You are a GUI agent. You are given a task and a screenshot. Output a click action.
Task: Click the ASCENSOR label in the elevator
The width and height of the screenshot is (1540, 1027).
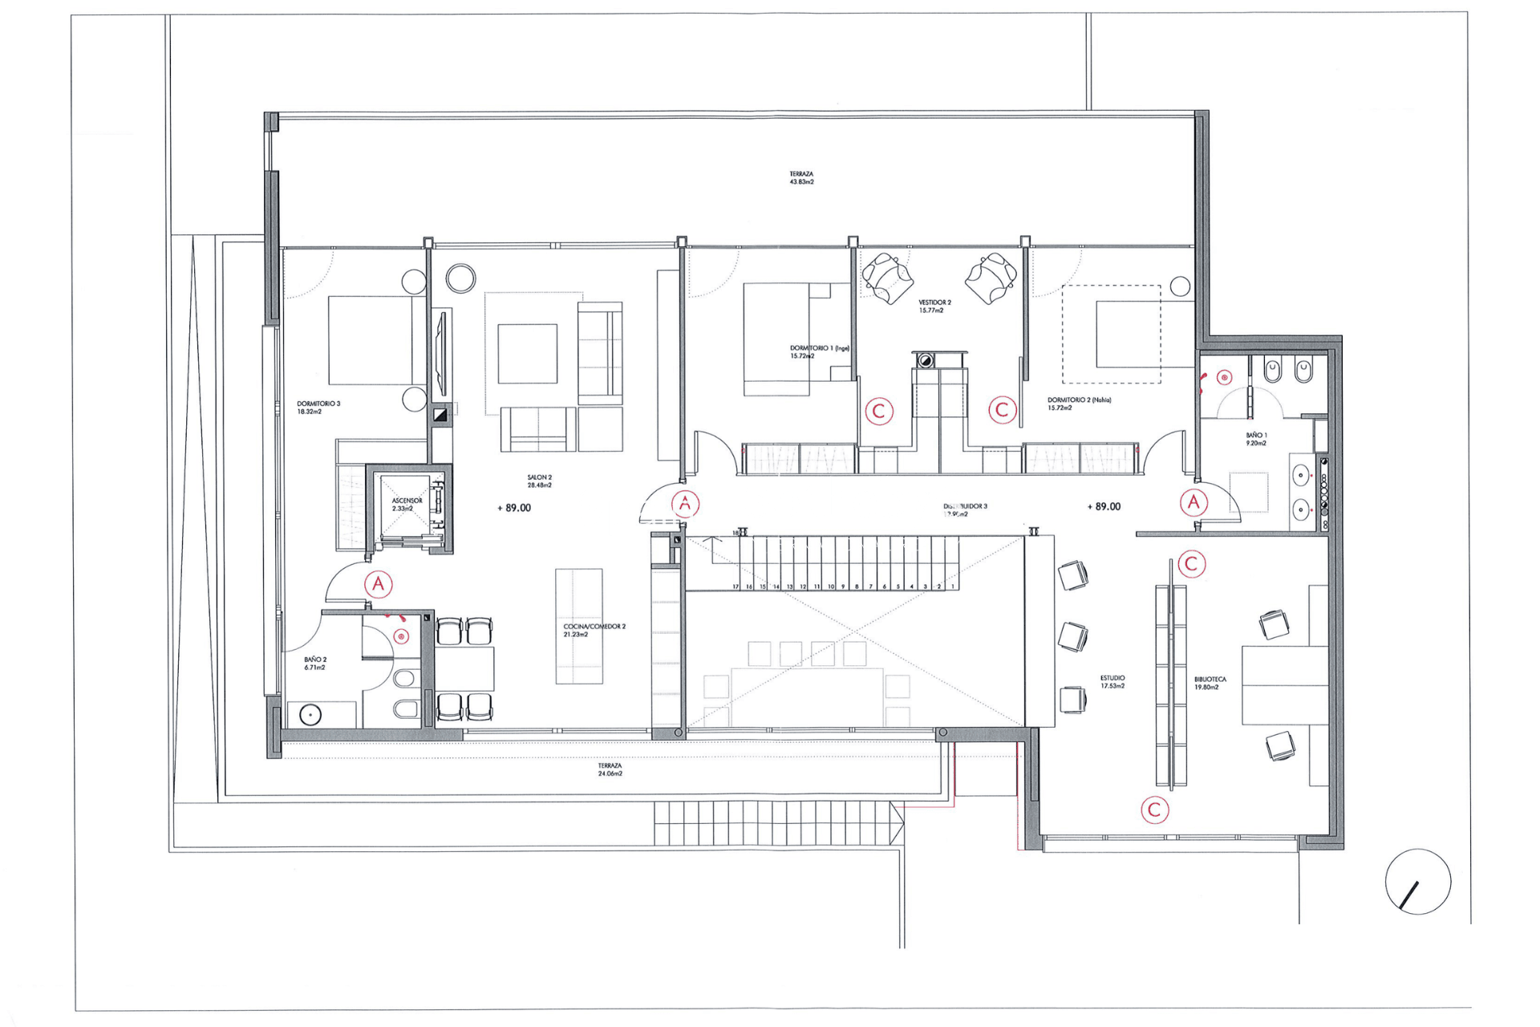[407, 504]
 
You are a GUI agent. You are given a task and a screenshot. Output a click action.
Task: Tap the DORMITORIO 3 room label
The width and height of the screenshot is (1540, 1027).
[318, 408]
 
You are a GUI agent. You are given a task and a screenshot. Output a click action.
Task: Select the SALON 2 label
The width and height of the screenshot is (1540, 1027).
[539, 481]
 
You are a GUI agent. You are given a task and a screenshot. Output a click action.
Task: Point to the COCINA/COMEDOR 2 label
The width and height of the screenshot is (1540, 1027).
[594, 630]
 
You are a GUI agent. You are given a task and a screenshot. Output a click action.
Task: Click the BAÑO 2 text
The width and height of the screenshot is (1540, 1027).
[315, 663]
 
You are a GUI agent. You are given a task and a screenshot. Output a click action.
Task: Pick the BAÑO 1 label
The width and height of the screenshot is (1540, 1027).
[1256, 439]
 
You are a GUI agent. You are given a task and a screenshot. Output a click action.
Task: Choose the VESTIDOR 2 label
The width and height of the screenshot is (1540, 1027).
[934, 306]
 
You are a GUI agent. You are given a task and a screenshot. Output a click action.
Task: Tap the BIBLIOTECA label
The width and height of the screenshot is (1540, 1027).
[1210, 683]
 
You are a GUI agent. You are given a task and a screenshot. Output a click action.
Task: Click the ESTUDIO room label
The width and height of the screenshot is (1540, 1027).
[1112, 681]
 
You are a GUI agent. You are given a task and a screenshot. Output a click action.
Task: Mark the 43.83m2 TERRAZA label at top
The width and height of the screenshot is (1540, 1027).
[801, 177]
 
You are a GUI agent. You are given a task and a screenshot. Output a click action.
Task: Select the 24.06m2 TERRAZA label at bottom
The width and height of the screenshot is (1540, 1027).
[610, 769]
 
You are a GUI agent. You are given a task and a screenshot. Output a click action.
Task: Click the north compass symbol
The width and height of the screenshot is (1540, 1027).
[1417, 882]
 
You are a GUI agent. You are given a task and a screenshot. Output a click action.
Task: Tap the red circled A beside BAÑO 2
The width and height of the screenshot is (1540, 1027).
[379, 584]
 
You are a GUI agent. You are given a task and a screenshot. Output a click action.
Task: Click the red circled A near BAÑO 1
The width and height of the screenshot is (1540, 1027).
[1193, 502]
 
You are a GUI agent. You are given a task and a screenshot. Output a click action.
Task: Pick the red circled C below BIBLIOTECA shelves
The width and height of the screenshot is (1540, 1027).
[1155, 810]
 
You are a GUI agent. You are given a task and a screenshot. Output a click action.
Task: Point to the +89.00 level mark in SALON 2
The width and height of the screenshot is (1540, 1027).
[514, 508]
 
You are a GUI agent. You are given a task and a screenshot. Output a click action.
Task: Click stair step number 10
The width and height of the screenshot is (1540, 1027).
[831, 587]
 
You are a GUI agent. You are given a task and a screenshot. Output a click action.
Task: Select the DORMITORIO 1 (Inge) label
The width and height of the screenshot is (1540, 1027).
[819, 351]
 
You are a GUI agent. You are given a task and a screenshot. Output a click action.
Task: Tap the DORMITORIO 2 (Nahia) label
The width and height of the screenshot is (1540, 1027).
[1079, 403]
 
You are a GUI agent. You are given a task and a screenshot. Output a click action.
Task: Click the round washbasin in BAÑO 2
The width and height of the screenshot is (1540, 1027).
[310, 714]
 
